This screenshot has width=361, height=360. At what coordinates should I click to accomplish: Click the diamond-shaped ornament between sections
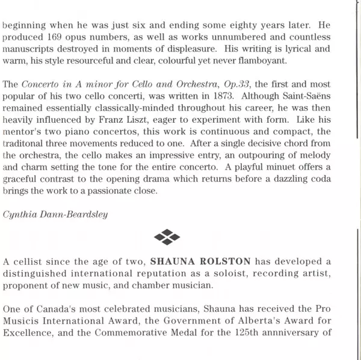tap(167, 237)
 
